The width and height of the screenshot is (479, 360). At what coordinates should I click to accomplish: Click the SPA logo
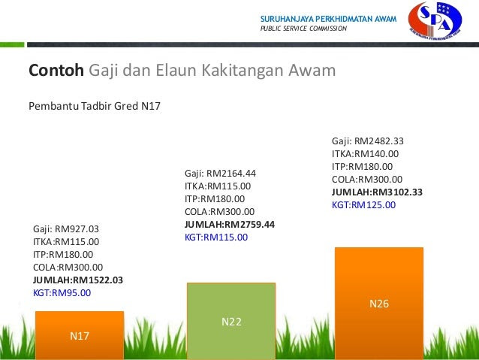click(435, 21)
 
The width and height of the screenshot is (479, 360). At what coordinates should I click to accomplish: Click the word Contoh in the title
click(56, 70)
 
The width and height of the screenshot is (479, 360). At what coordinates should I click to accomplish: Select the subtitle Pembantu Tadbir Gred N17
click(95, 106)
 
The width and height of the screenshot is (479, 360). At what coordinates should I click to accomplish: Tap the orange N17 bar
click(80, 335)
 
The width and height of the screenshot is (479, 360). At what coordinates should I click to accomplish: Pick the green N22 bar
click(231, 321)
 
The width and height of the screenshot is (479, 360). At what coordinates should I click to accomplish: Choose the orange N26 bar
click(379, 304)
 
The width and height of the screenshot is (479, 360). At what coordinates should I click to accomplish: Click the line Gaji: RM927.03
click(66, 229)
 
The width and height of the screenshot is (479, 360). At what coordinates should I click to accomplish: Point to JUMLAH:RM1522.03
click(78, 280)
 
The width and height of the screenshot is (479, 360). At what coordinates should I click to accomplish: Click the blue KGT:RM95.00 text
click(62, 293)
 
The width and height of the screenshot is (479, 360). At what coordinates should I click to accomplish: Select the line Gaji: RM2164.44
click(220, 174)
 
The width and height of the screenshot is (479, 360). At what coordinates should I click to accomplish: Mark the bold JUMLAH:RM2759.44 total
click(230, 225)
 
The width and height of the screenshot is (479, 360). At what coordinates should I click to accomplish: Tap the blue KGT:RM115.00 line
click(216, 237)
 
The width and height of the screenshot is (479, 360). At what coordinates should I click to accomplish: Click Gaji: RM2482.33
click(368, 141)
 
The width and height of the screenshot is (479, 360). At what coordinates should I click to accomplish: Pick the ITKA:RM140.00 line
click(366, 154)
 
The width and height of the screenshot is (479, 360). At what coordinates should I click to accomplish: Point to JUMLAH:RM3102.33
click(378, 192)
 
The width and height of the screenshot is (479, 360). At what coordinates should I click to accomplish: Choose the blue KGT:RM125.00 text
click(364, 205)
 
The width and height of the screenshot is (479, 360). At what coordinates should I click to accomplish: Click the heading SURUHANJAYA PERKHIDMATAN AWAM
click(328, 19)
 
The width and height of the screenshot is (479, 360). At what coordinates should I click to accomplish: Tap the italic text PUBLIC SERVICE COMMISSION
click(303, 29)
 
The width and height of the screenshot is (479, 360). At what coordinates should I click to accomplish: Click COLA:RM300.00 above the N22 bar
click(220, 212)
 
